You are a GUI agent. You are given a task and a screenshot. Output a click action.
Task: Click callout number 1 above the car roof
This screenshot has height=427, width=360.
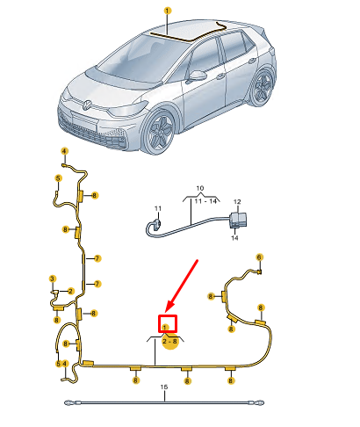click(x=167, y=11)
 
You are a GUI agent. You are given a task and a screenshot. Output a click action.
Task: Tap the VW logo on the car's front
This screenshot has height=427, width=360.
click(x=87, y=105)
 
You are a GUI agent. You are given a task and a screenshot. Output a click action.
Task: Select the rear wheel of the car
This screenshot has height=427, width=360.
click(x=262, y=89)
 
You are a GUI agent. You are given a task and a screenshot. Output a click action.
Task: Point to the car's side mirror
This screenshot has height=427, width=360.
click(x=198, y=76)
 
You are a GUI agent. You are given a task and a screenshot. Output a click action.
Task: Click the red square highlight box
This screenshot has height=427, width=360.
click(x=168, y=324)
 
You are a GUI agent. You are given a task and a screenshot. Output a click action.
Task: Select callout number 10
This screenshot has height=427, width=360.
click(x=198, y=188)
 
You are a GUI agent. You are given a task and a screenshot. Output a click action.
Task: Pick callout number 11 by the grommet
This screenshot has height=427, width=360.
click(x=158, y=208)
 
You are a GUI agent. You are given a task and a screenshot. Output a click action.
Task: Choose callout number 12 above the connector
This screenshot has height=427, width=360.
click(x=236, y=202)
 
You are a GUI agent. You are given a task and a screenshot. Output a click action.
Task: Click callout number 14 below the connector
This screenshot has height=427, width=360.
click(x=234, y=238)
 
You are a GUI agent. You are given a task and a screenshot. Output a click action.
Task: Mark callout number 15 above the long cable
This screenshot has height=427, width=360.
click(x=162, y=387)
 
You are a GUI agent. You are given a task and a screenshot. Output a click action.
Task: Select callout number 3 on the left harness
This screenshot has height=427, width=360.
click(x=52, y=279)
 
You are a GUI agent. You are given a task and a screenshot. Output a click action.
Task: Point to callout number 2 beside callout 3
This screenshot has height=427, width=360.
click(x=70, y=291)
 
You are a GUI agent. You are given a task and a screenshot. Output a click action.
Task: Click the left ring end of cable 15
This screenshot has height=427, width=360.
click(x=69, y=403)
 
